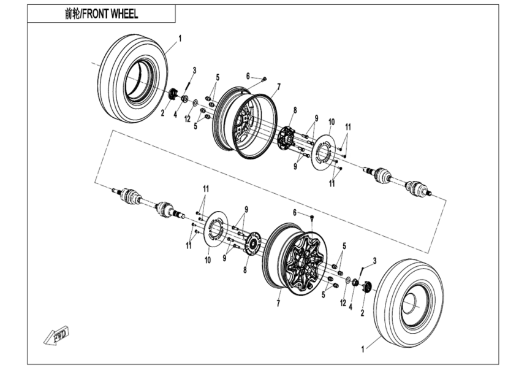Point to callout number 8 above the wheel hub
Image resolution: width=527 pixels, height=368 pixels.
tap(294, 110)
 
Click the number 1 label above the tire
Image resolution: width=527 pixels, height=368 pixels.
tap(180, 38)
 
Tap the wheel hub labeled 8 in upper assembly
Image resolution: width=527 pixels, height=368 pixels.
tap(286, 138)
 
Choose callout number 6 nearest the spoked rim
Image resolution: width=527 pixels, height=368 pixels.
tap(295, 212)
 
